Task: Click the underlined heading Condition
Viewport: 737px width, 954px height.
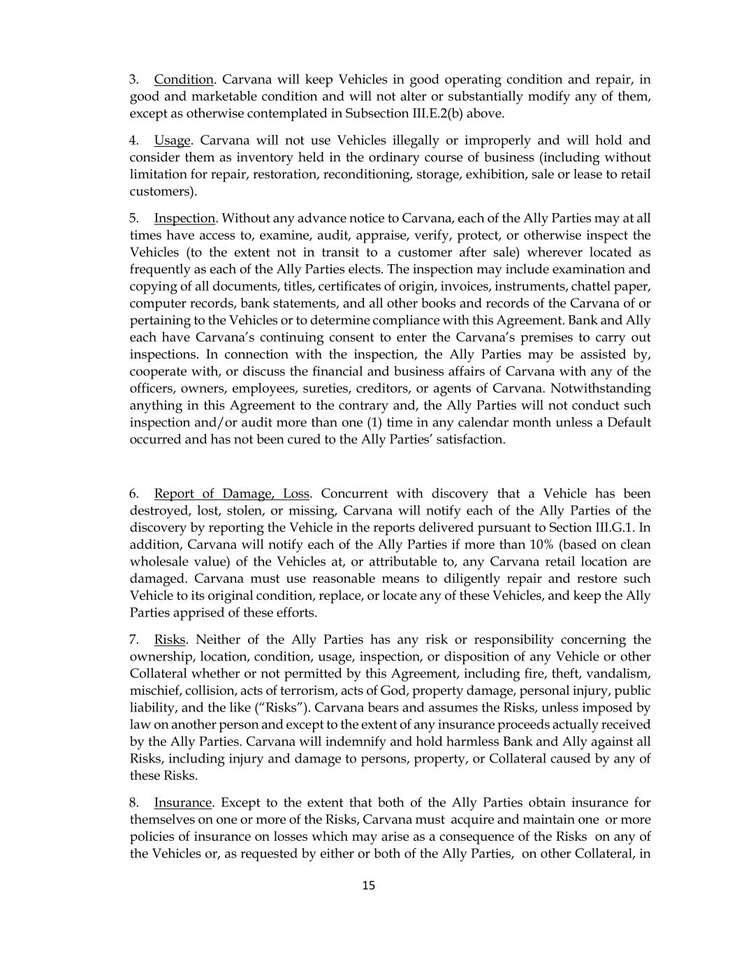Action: (184, 80)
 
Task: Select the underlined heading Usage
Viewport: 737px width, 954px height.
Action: (172, 140)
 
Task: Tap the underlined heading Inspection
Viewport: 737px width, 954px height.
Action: (184, 219)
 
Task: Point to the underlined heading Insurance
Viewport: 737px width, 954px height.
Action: (182, 803)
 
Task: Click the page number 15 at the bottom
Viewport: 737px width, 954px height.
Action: (369, 886)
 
